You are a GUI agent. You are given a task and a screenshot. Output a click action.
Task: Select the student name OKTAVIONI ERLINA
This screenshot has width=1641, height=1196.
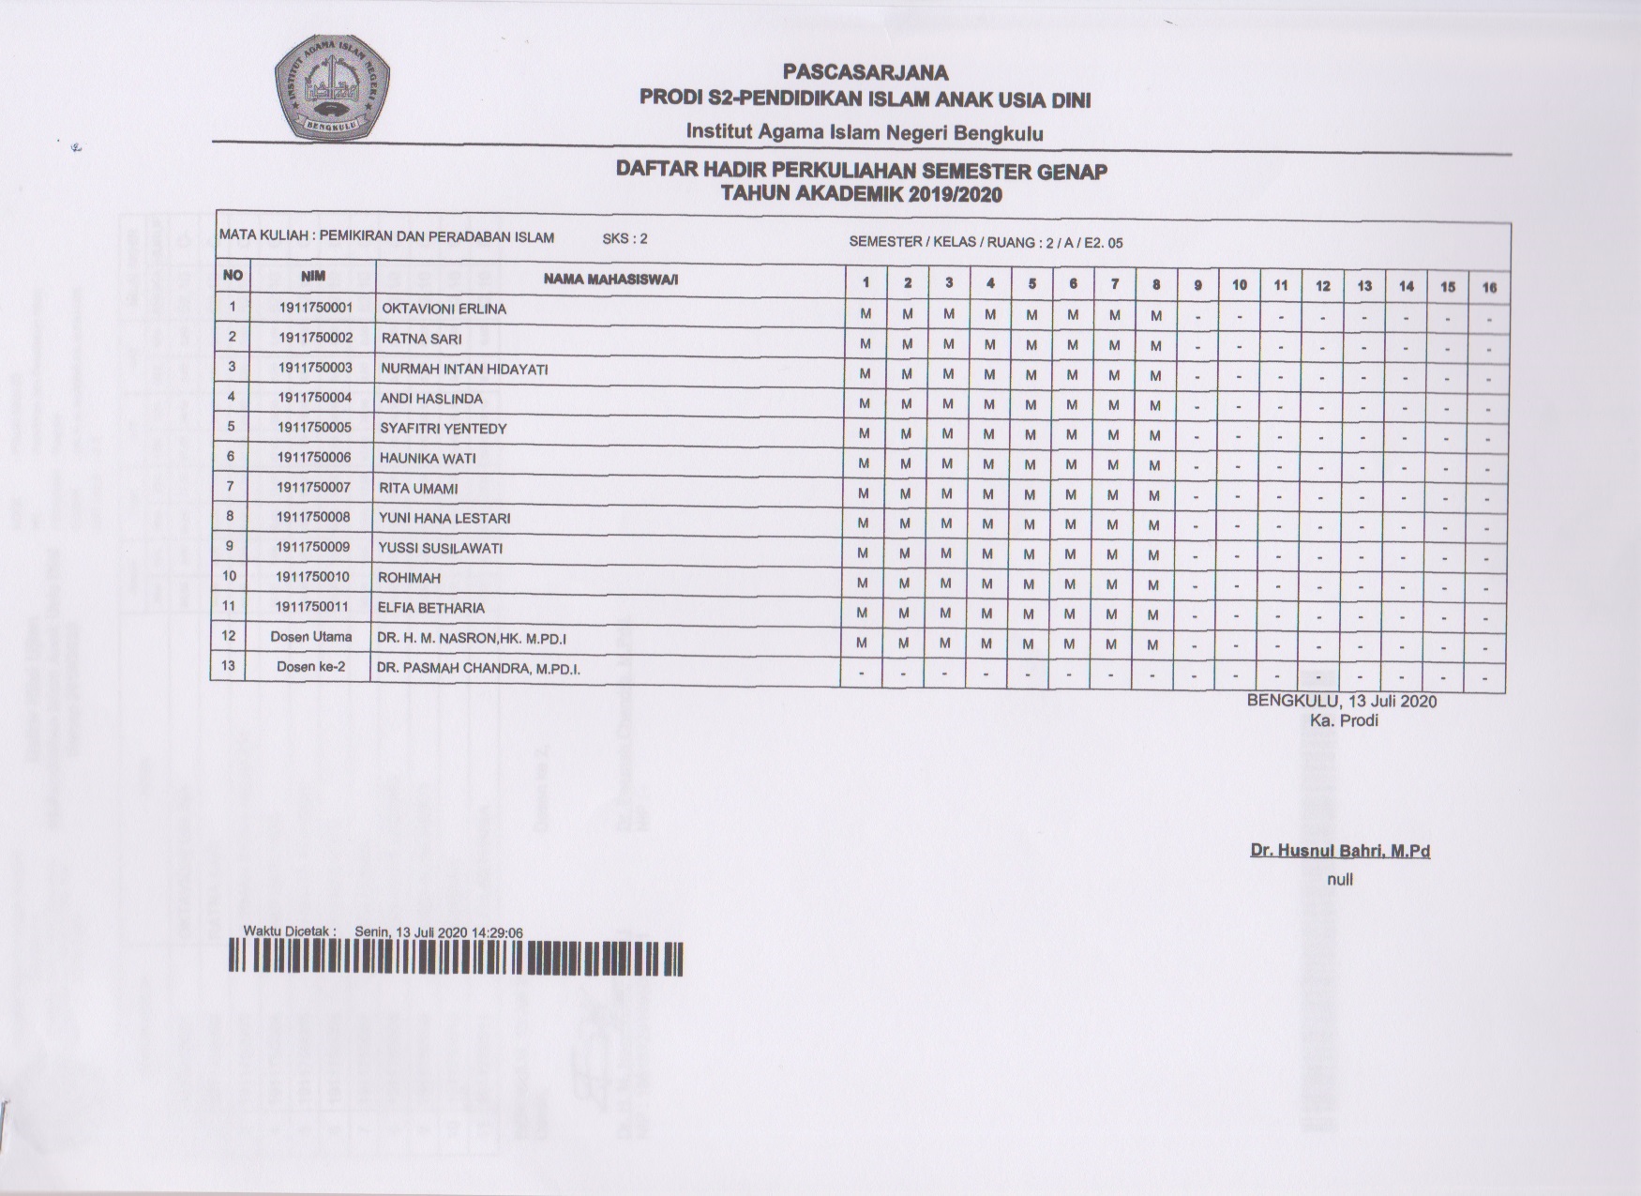[x=444, y=309]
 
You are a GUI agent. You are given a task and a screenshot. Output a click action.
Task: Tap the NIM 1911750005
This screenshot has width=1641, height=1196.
[x=314, y=428]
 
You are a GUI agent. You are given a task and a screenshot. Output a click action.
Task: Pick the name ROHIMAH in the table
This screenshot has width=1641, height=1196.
[x=409, y=578]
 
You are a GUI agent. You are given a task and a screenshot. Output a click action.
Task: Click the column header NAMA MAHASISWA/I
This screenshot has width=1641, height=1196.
[x=610, y=280]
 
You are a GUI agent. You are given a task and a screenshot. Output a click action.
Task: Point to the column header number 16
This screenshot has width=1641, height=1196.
[x=1489, y=287]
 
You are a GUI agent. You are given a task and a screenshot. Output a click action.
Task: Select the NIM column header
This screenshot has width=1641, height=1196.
[x=312, y=277]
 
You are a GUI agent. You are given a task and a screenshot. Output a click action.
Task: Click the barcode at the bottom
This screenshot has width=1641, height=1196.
[x=456, y=959]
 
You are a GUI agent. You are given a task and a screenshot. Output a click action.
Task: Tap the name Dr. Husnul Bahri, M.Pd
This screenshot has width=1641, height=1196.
[x=1340, y=852]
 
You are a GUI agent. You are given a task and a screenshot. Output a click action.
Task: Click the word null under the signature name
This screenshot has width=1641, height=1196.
[x=1340, y=880]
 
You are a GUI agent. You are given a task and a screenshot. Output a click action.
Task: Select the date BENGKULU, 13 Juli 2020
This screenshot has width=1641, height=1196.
[x=1341, y=702]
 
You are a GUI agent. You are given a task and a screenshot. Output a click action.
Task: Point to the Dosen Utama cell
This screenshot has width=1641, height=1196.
[x=310, y=637]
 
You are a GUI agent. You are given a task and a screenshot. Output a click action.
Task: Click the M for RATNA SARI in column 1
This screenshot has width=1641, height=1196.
[x=866, y=344]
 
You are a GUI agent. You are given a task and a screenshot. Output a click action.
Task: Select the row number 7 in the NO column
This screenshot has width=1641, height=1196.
[x=230, y=487]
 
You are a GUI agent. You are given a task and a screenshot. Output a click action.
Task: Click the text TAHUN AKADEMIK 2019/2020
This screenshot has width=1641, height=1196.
[x=860, y=194]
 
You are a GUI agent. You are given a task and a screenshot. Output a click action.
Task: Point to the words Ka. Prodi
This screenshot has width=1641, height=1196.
[x=1344, y=721]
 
